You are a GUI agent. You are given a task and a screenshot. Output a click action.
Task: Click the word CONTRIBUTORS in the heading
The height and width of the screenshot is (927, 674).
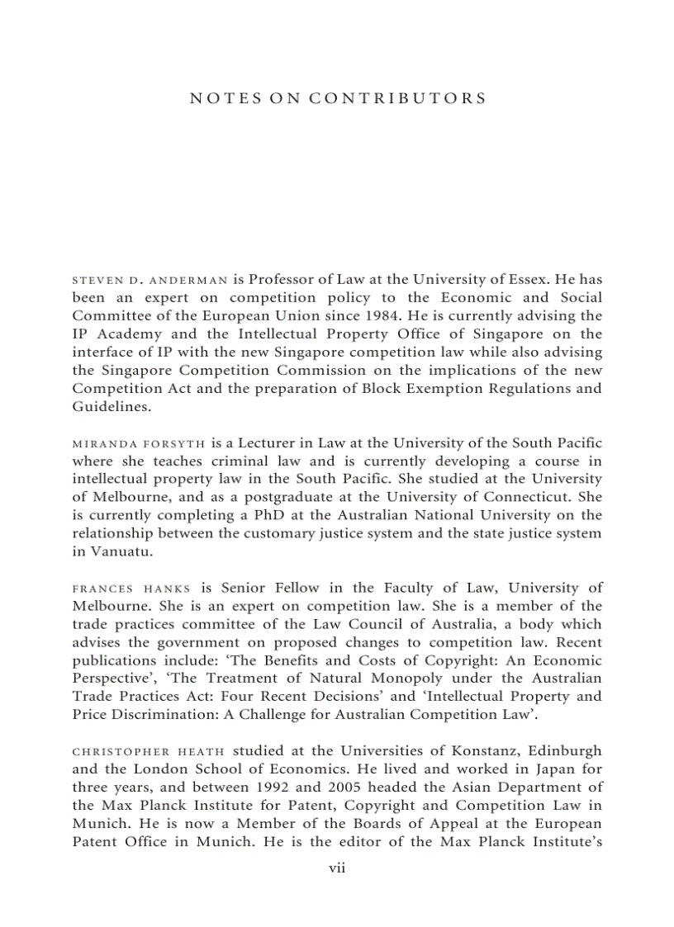[397, 98]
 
